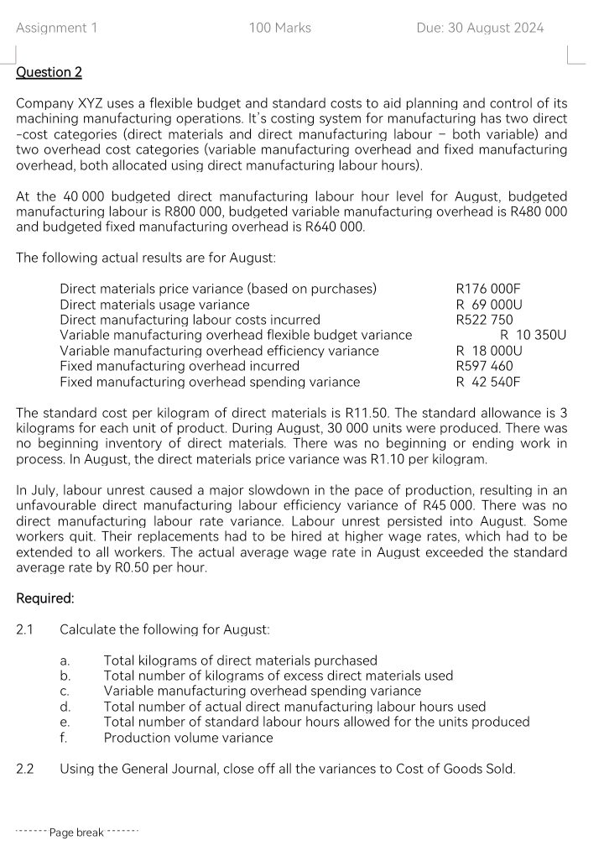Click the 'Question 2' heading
(49, 72)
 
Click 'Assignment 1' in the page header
(56, 28)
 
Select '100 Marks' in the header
(279, 28)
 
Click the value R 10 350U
(533, 335)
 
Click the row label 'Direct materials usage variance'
(154, 305)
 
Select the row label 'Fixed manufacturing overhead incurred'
(179, 366)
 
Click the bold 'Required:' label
(44, 599)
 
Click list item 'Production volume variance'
(188, 738)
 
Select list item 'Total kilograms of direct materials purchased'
(240, 660)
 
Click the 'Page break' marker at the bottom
(76, 833)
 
